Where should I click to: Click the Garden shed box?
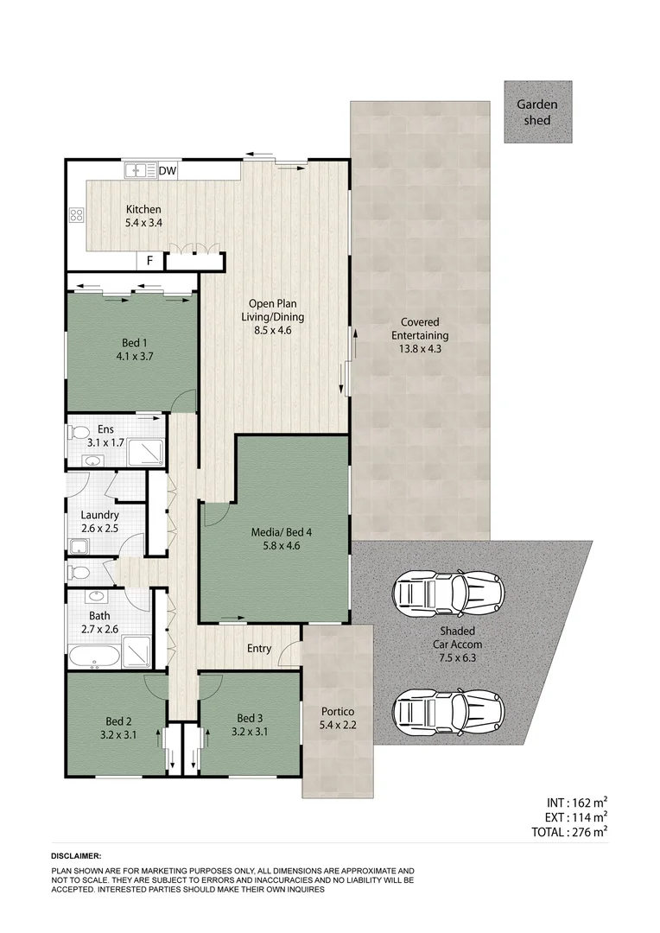[x=537, y=112]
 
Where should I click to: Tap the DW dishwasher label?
[x=168, y=171]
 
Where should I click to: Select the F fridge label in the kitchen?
[x=149, y=260]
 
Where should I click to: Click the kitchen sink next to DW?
[x=138, y=171]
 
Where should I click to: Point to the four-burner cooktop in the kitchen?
[x=76, y=216]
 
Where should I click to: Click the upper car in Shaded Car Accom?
[x=448, y=593]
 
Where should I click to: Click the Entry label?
[x=258, y=649]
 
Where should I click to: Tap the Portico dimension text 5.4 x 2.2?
[x=337, y=727]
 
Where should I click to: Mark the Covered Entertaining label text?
[x=419, y=329]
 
